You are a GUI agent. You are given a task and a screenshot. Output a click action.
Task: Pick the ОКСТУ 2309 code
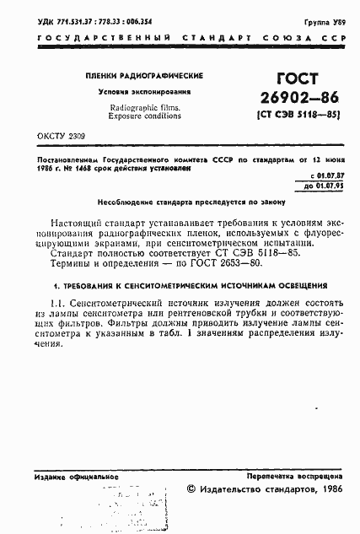62,135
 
